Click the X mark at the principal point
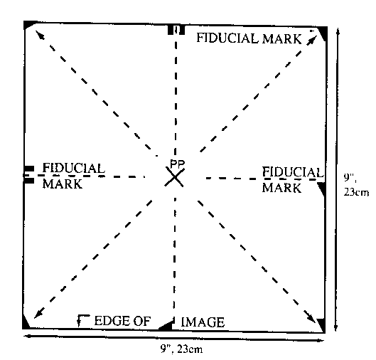tap(175, 177)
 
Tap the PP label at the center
tap(177, 164)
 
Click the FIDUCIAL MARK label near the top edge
tap(249, 38)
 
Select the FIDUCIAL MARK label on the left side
tap(74, 176)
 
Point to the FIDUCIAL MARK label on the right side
tap(293, 179)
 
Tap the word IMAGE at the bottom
tap(203, 322)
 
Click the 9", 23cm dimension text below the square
tap(181, 349)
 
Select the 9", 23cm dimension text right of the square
tap(356, 185)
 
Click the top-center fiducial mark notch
tap(176, 30)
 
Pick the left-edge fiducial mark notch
tap(28, 175)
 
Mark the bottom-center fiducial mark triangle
tap(166, 326)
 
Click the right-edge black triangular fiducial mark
tap(322, 188)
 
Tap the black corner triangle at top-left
tap(28, 25)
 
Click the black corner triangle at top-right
tap(323, 33)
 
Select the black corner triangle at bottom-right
tap(322, 324)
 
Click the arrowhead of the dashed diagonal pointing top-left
tap(40, 35)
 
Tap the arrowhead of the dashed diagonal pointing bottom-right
tap(311, 317)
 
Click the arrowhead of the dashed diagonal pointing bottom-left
tap(39, 314)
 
